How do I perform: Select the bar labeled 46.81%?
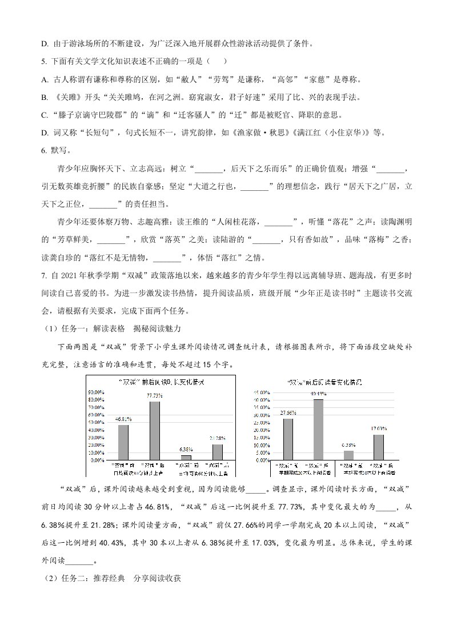[123, 442]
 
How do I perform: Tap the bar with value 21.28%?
[217, 452]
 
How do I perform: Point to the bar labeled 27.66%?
[288, 439]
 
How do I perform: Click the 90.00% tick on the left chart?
[95, 392]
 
